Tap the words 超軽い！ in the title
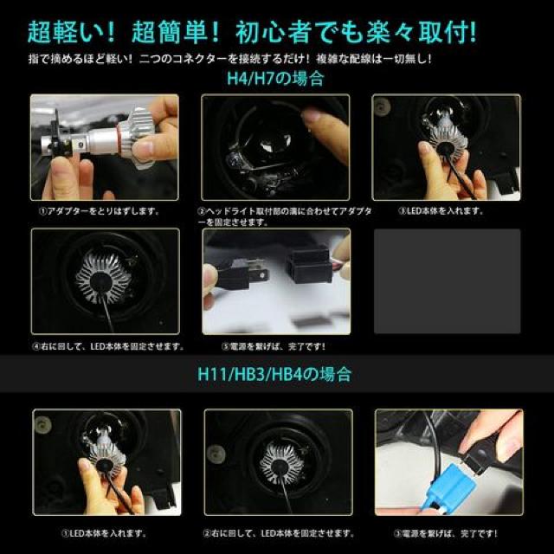click(68, 33)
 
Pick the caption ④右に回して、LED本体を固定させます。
click(107, 346)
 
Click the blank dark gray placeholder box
click(447, 281)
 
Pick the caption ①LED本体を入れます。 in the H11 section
click(103, 532)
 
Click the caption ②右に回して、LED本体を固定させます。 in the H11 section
click(277, 532)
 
